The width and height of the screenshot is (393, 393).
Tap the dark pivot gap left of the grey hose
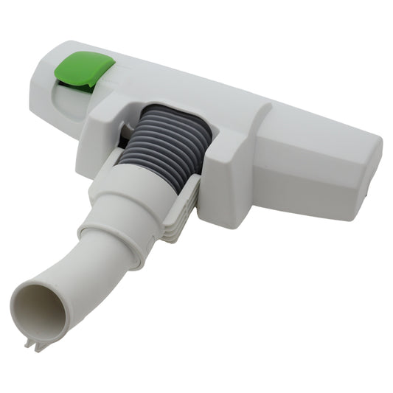[x=125, y=137]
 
